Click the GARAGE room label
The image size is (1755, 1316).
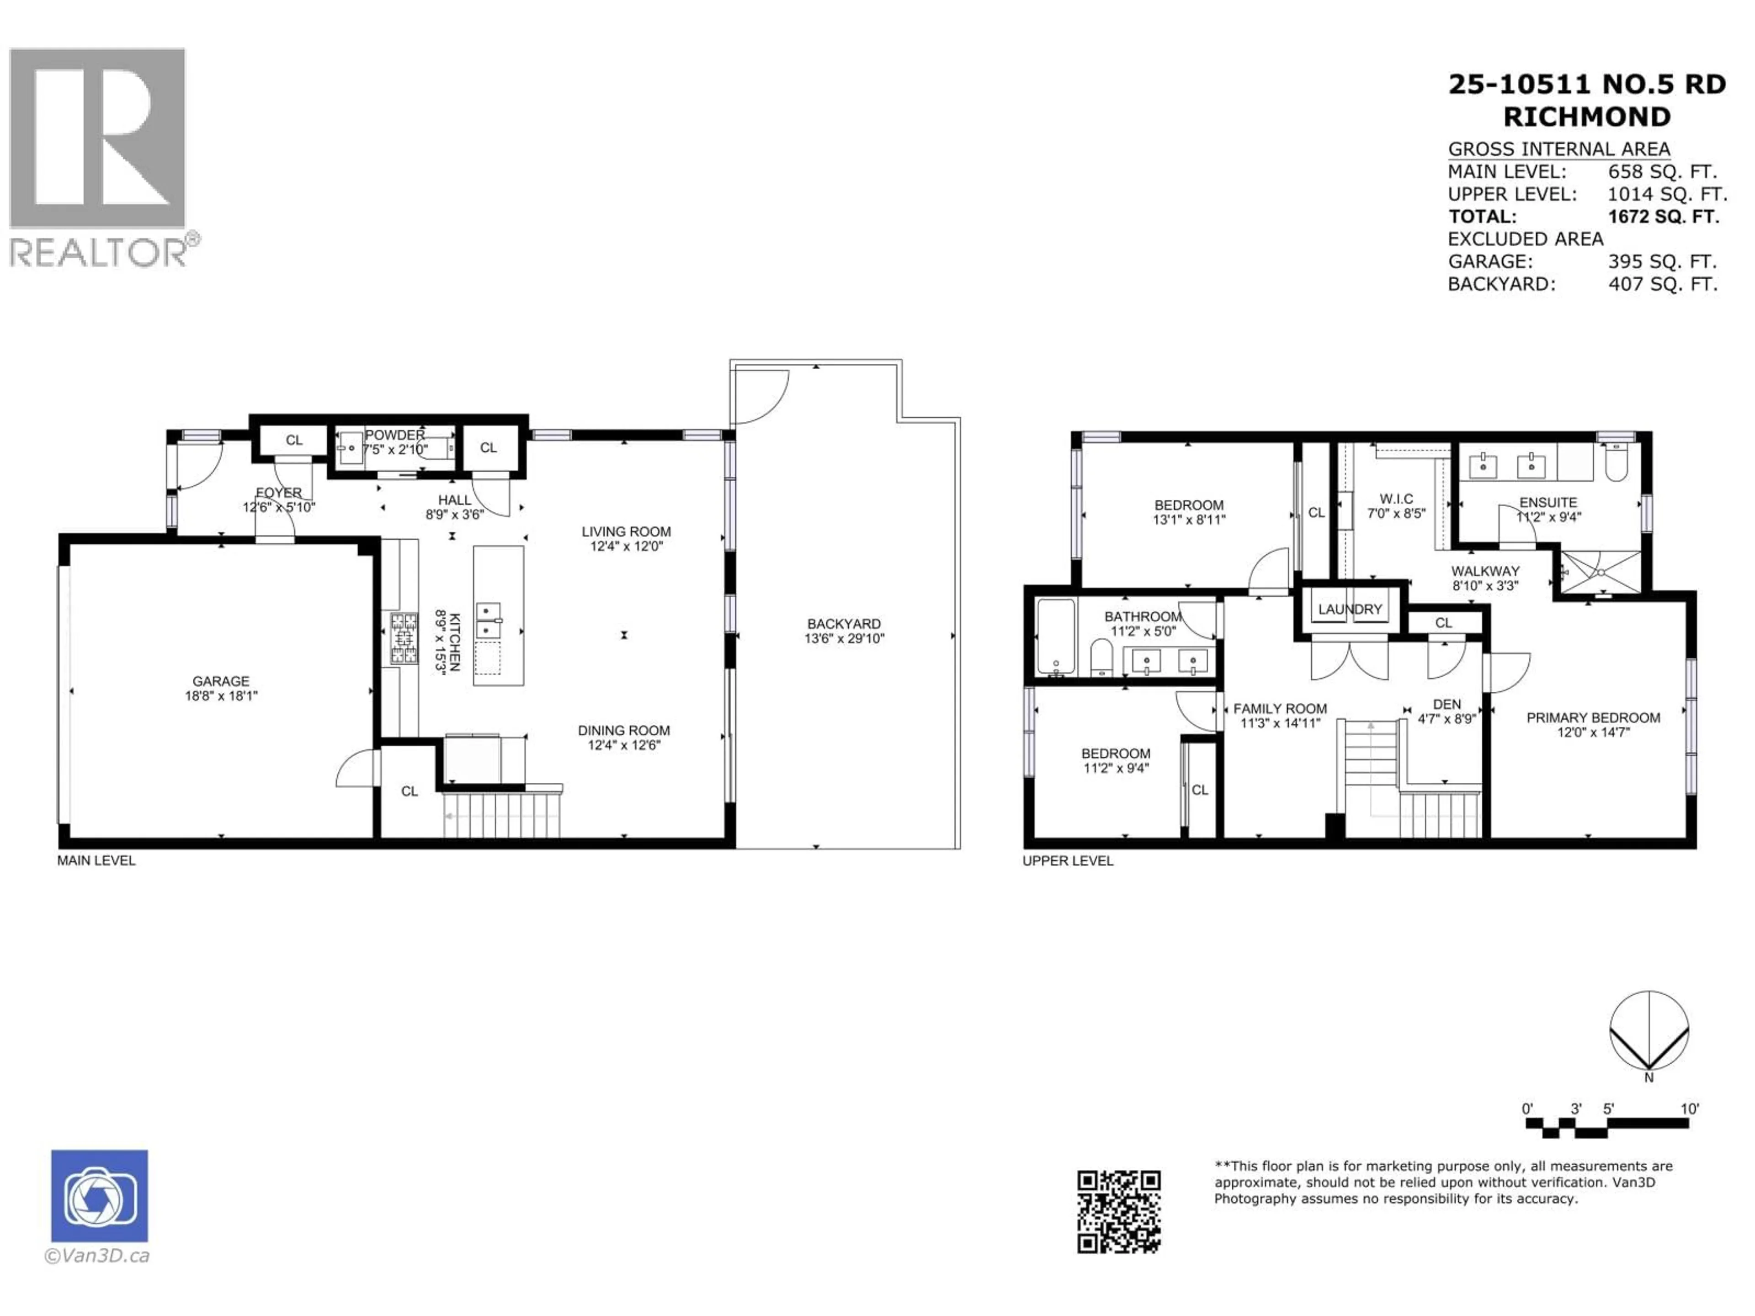[221, 680]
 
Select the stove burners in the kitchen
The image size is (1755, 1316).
[403, 638]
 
